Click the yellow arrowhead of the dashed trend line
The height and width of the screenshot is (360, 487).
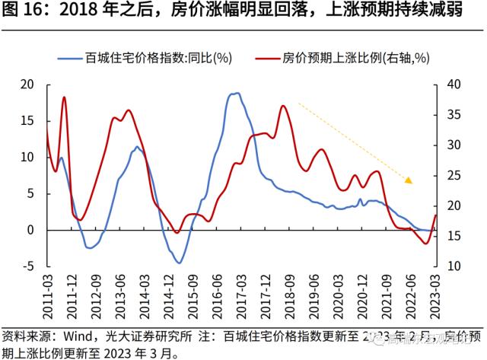(409, 180)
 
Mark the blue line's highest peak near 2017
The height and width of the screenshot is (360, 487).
(237, 93)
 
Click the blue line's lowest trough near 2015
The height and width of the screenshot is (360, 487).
(179, 263)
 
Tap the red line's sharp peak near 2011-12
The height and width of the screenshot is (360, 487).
(64, 97)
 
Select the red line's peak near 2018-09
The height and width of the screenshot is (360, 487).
(282, 106)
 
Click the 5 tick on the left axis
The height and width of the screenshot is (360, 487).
(30, 193)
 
